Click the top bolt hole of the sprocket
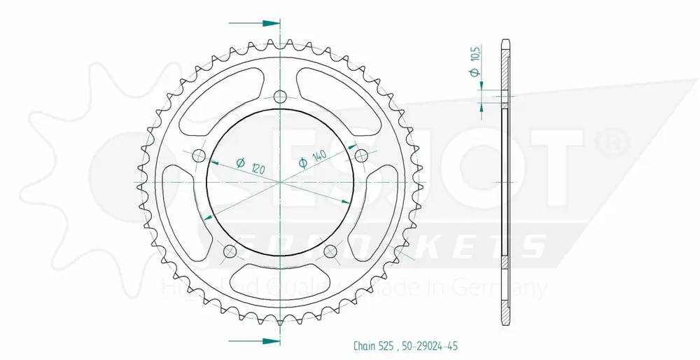280,97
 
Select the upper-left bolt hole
198,155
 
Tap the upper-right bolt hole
362,155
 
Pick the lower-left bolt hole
229,251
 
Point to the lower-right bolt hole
331,251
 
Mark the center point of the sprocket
280,182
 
